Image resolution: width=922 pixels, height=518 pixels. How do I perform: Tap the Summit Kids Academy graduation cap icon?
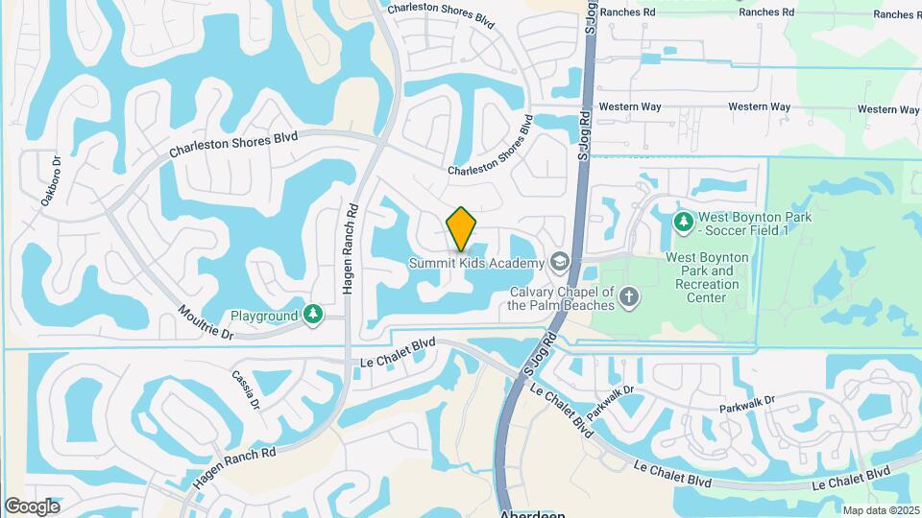coord(559,262)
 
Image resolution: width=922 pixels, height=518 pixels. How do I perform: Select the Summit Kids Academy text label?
coord(476,263)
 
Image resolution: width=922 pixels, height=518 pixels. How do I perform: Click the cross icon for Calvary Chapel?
coord(630,296)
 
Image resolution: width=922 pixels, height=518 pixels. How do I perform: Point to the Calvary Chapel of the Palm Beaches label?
coord(561,298)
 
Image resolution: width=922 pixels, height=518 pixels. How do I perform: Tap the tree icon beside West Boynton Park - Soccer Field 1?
coord(683,223)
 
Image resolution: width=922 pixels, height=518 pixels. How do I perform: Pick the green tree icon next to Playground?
coord(312,315)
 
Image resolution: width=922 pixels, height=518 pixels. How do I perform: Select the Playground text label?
coord(264,316)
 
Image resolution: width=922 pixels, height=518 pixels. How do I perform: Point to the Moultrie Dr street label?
coord(206,322)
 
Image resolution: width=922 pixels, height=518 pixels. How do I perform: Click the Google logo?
coord(32,506)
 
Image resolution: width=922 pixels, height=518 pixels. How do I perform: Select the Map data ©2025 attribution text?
coord(881,510)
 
